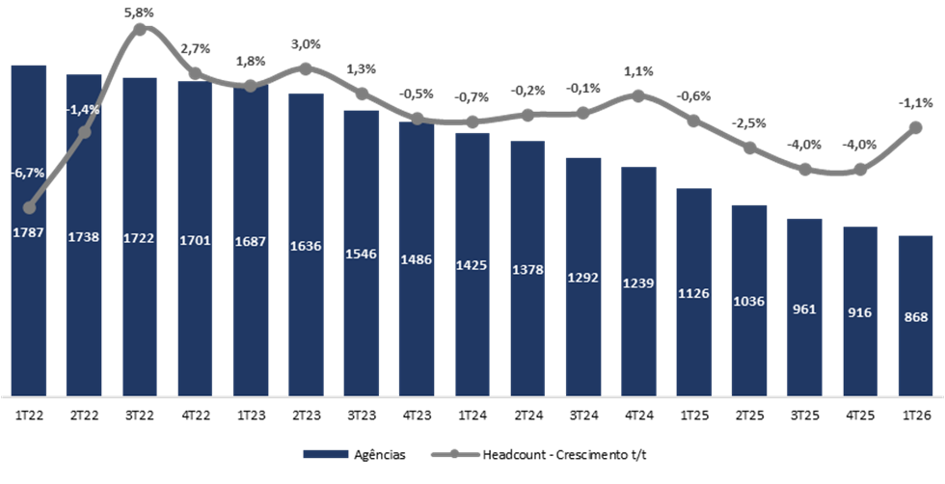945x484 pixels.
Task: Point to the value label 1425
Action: (472, 264)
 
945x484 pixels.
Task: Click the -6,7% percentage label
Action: (27, 174)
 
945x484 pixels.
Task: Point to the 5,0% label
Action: (306, 44)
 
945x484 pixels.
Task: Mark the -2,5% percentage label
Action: (748, 122)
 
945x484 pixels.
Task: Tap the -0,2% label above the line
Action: (527, 90)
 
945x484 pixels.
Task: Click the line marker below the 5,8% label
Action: (140, 29)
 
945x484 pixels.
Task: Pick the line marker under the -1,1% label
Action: (915, 127)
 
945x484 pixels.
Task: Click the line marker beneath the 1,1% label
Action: (638, 94)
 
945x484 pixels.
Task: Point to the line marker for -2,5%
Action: (749, 148)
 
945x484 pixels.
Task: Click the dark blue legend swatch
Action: (325, 453)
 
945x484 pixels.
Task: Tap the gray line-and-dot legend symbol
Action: (453, 453)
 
